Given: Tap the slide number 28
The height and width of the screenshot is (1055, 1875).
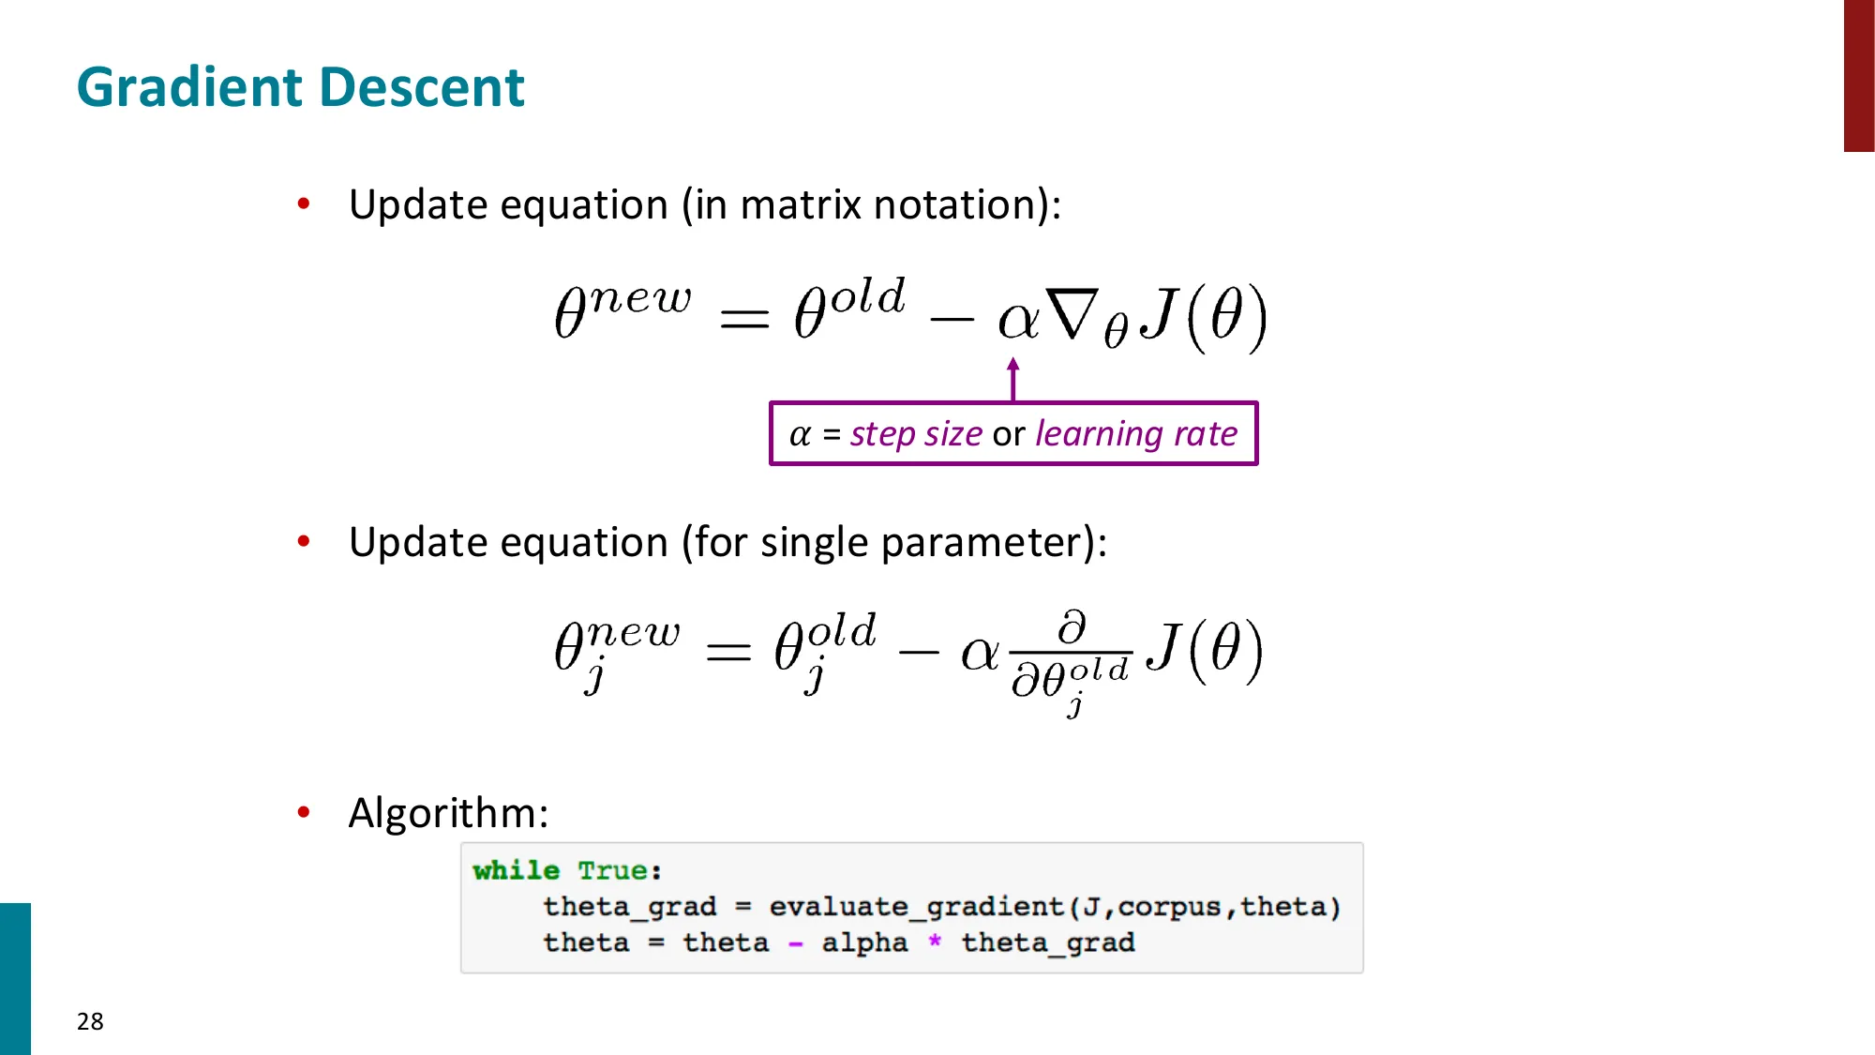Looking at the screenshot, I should click(x=90, y=1021).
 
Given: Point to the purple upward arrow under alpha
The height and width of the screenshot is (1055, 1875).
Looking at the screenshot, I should click(x=1012, y=378).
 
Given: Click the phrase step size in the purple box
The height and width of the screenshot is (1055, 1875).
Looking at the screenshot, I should click(x=916, y=433).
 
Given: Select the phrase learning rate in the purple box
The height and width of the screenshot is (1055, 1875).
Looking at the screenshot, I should click(x=1136, y=433).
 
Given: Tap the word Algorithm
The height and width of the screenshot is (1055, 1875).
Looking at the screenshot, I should click(x=447, y=813).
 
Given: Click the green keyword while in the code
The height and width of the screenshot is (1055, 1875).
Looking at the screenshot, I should click(x=516, y=870).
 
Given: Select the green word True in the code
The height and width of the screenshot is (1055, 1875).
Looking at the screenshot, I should click(x=613, y=870).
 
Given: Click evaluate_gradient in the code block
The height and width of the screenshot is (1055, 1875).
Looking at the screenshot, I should click(x=916, y=907).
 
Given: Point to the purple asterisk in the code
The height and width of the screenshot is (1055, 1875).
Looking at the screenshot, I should click(x=935, y=941).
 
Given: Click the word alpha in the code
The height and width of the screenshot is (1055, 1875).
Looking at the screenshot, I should click(x=864, y=942).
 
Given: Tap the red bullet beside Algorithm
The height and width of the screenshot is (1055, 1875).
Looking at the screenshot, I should click(x=304, y=812).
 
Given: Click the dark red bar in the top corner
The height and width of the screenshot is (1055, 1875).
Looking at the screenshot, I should click(x=1859, y=75).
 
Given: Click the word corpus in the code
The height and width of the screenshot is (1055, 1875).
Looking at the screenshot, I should click(x=1169, y=907).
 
